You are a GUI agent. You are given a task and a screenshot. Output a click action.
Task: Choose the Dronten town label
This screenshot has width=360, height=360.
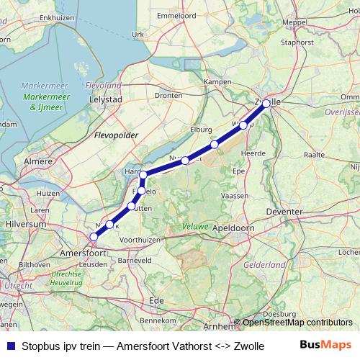[168, 94]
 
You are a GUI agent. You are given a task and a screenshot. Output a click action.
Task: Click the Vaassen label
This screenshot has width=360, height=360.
[236, 195]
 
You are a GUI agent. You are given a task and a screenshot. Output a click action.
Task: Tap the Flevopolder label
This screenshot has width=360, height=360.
[115, 135]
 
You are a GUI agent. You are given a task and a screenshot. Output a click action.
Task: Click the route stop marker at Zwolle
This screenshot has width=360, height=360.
[266, 103]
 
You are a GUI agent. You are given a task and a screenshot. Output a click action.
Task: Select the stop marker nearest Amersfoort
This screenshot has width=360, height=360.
[94, 237]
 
